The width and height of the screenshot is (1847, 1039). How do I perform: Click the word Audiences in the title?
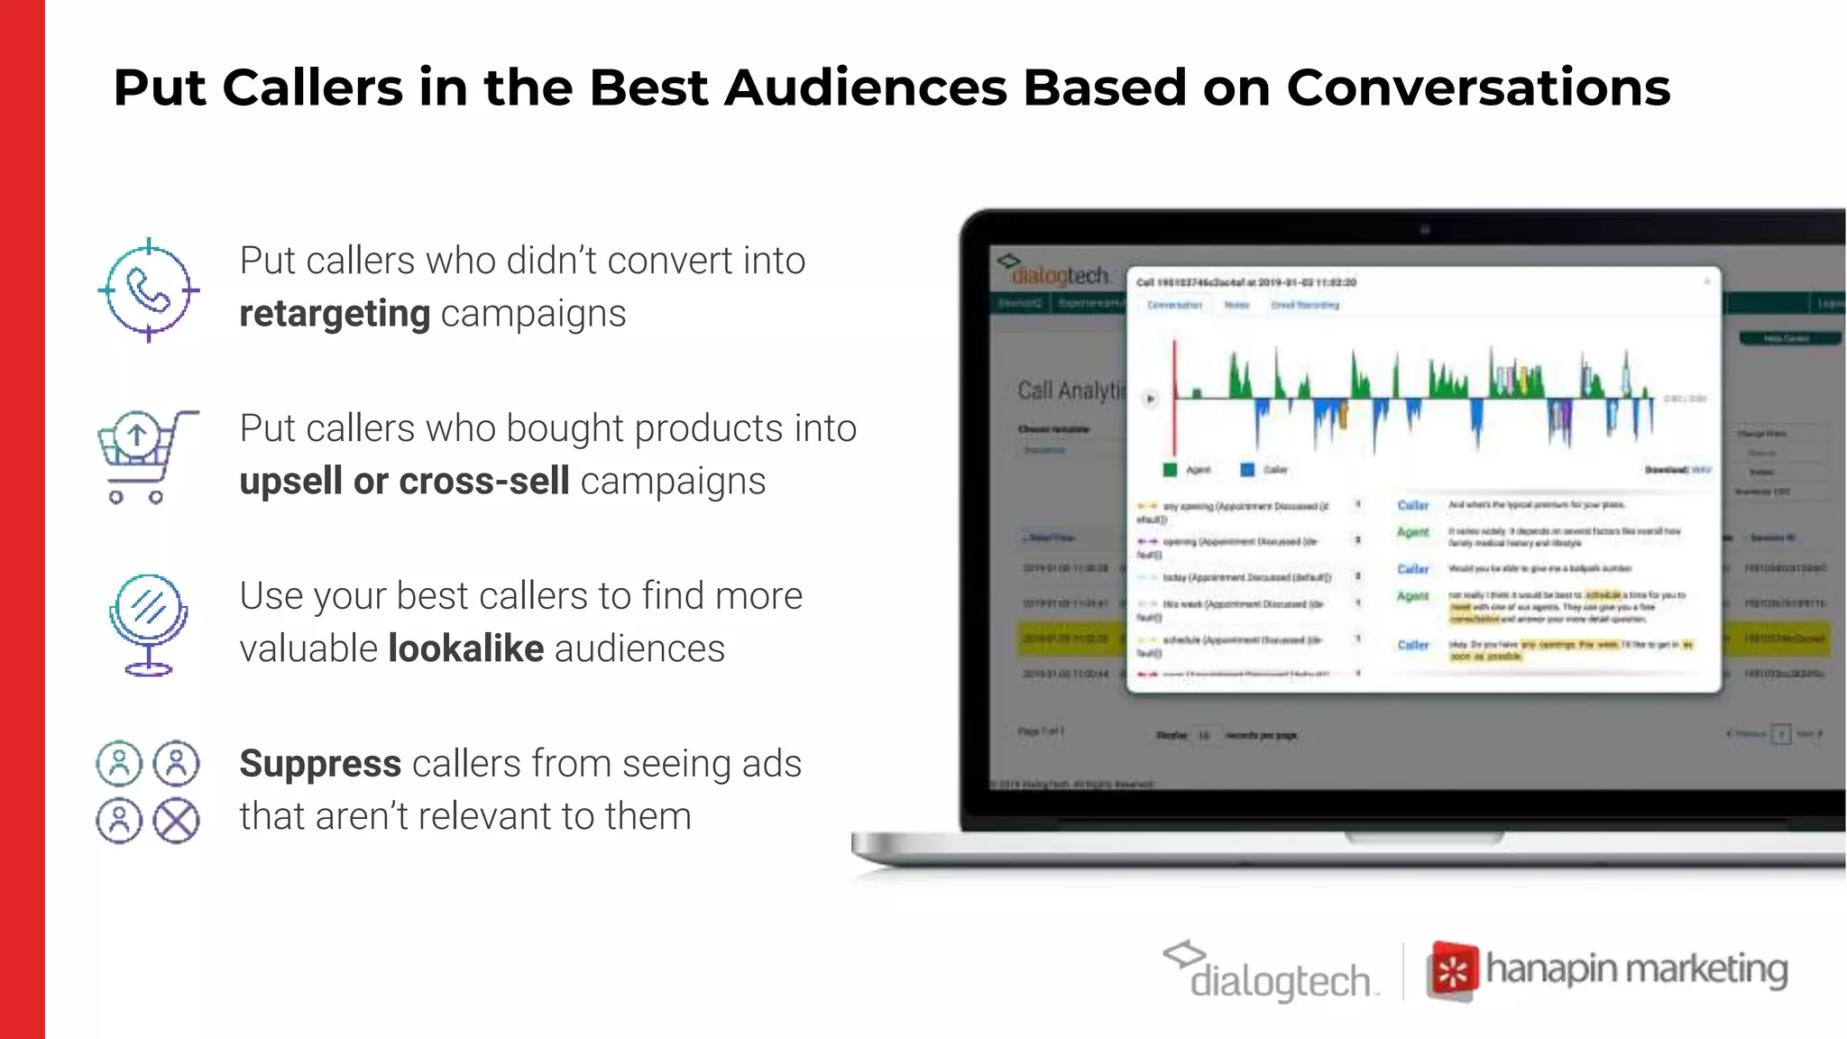click(x=865, y=88)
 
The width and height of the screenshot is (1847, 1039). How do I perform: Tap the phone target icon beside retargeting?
click(x=149, y=290)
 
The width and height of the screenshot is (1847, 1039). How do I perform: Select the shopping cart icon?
click(x=144, y=455)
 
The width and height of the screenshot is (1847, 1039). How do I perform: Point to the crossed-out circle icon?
click(x=176, y=820)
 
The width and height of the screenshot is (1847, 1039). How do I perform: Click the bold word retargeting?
click(x=335, y=314)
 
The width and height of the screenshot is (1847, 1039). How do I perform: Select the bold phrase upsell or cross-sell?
click(x=404, y=481)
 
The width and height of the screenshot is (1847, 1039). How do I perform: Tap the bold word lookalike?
click(x=466, y=648)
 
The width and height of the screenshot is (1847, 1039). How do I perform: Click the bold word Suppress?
click(x=320, y=764)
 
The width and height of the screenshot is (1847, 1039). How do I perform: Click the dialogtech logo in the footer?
click(x=1272, y=972)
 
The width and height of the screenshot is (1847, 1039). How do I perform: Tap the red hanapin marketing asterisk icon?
click(x=1452, y=972)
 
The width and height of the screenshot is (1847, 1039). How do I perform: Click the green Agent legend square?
click(x=1170, y=470)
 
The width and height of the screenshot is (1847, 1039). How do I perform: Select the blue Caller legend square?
click(x=1247, y=470)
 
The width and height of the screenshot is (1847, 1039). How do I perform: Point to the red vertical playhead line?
click(x=1174, y=397)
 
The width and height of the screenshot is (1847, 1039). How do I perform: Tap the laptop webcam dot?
click(x=1425, y=230)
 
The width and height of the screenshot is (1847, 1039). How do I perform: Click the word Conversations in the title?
click(x=1478, y=88)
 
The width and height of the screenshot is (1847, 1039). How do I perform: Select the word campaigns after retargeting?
click(x=533, y=314)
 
